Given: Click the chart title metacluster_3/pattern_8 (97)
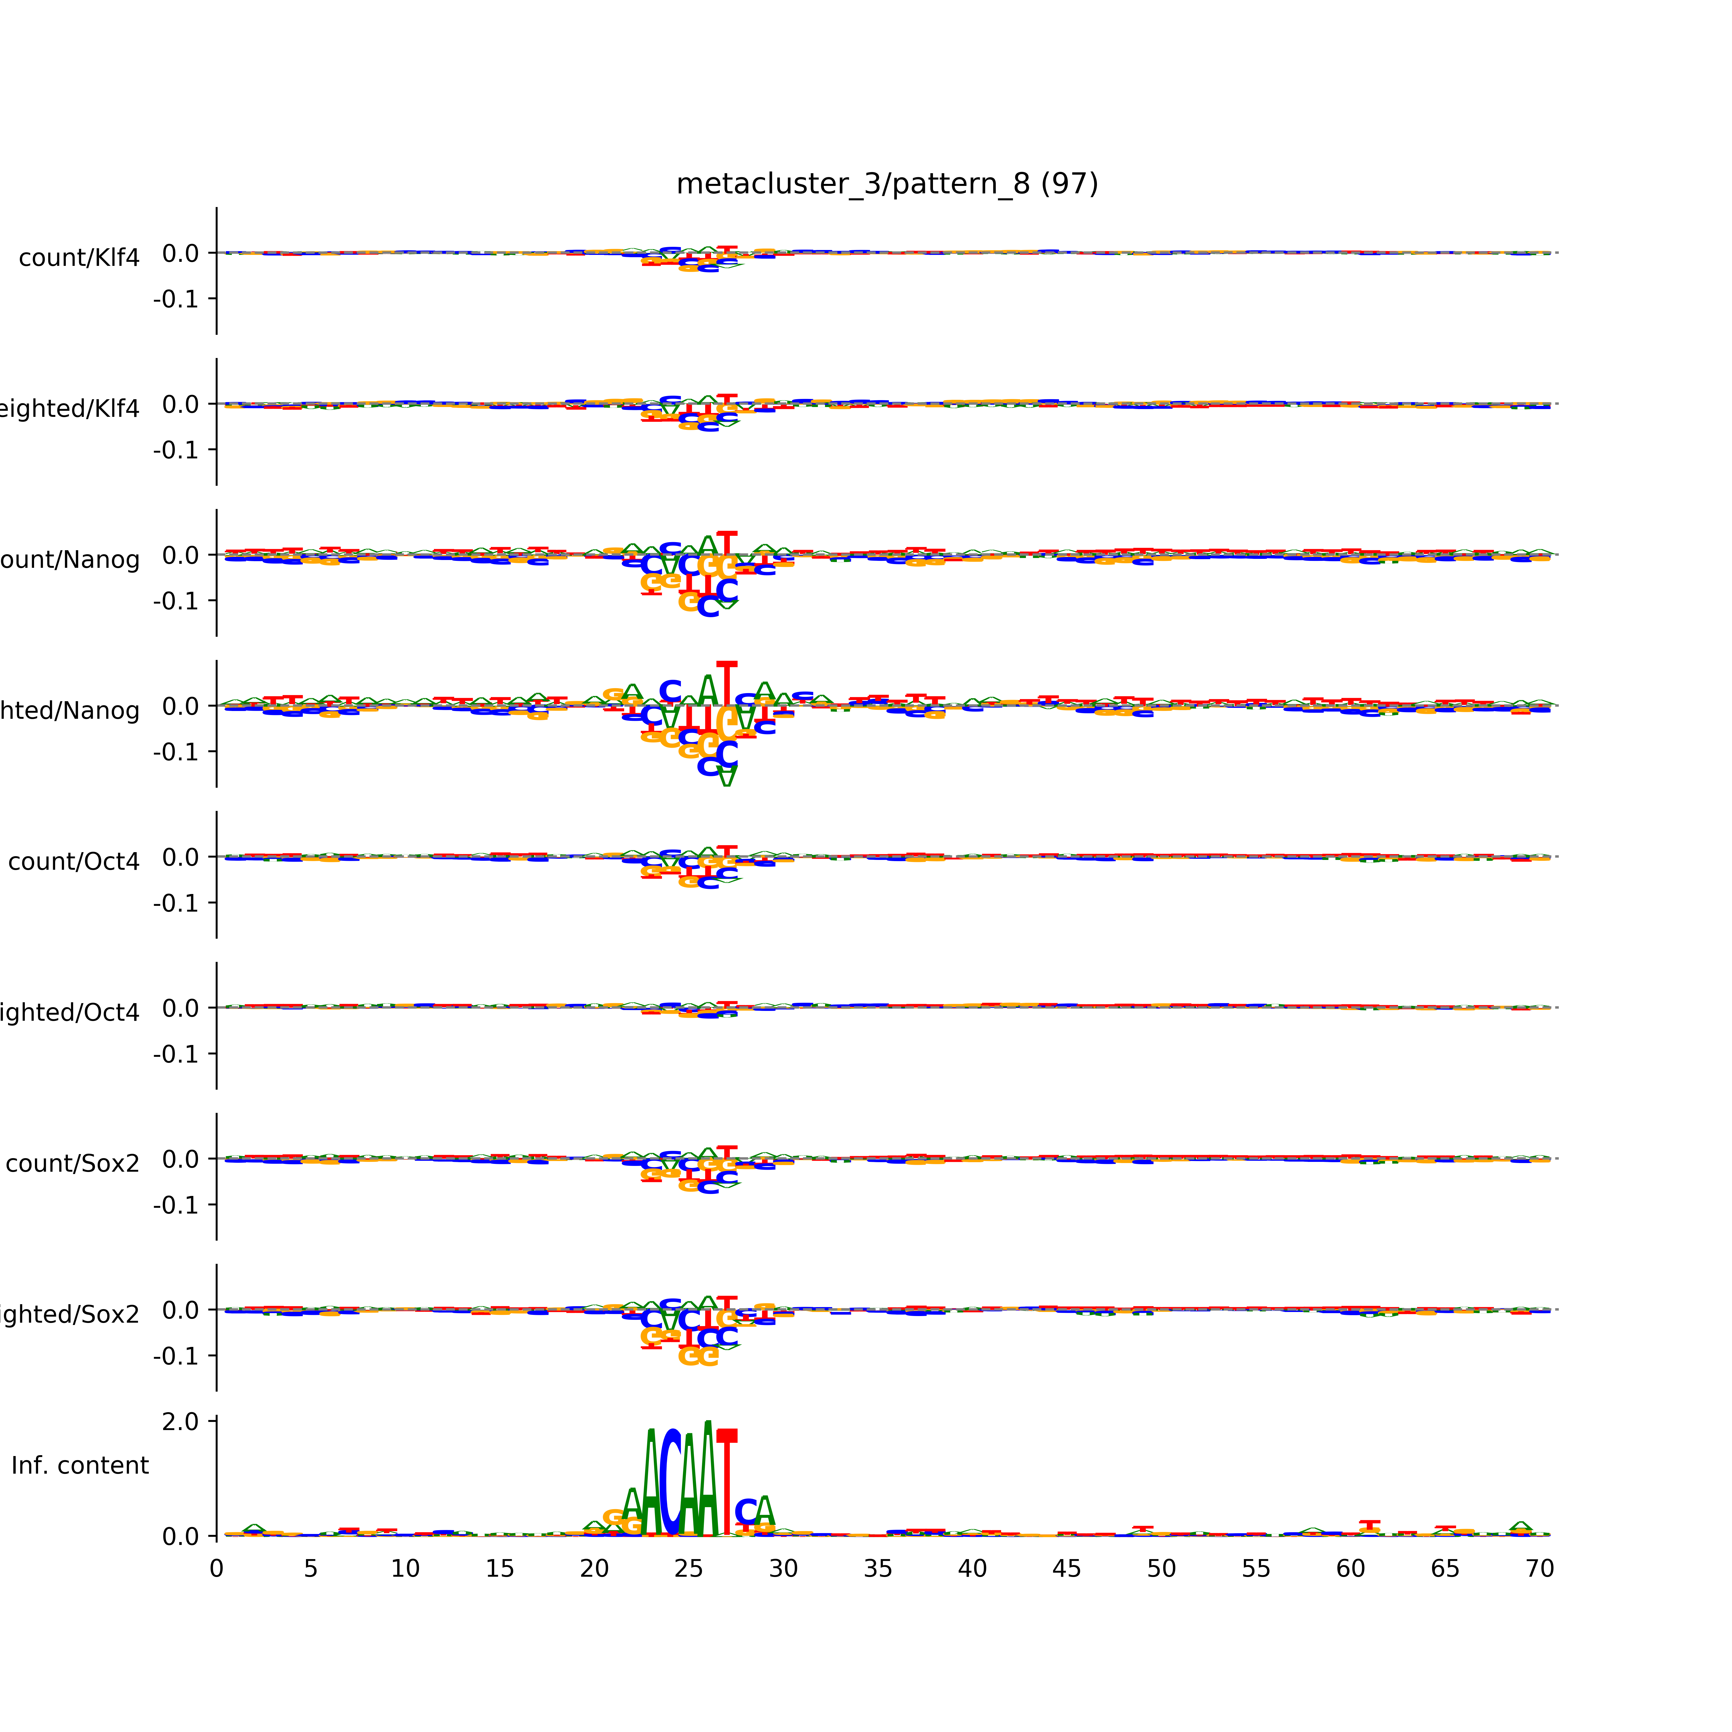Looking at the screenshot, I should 886,184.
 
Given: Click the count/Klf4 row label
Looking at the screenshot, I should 79,258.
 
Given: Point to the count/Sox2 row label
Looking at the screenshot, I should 73,1164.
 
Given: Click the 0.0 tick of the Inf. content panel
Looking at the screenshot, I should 180,1537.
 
